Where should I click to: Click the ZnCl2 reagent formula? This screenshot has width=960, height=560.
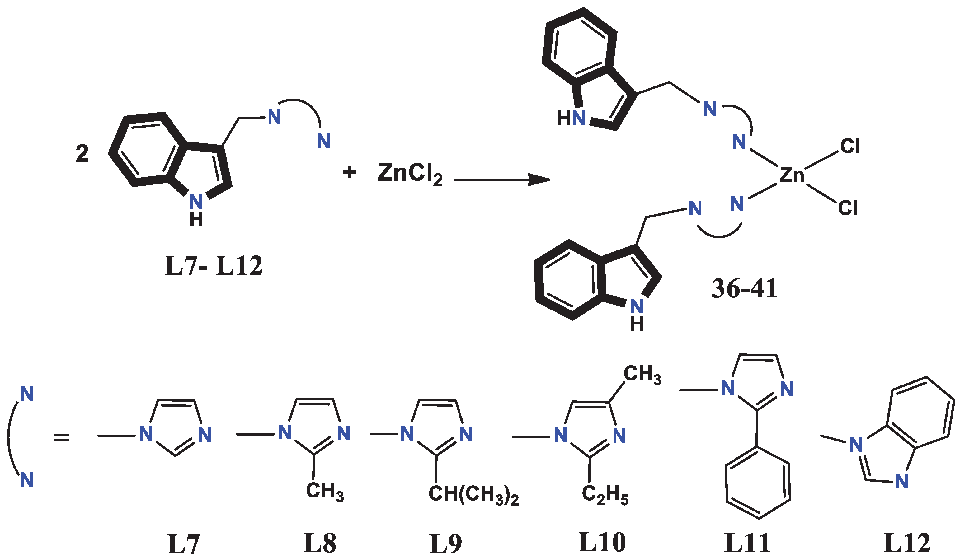coord(410,174)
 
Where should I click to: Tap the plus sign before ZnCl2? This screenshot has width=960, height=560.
coord(349,172)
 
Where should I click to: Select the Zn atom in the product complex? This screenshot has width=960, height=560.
coord(792,175)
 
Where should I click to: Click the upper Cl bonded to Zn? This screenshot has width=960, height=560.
coord(850,146)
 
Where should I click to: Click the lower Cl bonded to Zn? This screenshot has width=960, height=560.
coord(848,208)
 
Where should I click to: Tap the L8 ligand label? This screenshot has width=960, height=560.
coord(320,543)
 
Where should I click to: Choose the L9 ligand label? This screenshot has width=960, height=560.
coord(445,544)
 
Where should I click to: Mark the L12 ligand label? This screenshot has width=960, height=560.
coord(907,543)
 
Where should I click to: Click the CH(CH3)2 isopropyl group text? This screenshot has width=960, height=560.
coord(473,495)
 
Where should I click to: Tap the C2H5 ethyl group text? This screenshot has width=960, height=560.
coord(605,495)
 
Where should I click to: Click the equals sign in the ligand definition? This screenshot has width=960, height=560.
coord(61,438)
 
